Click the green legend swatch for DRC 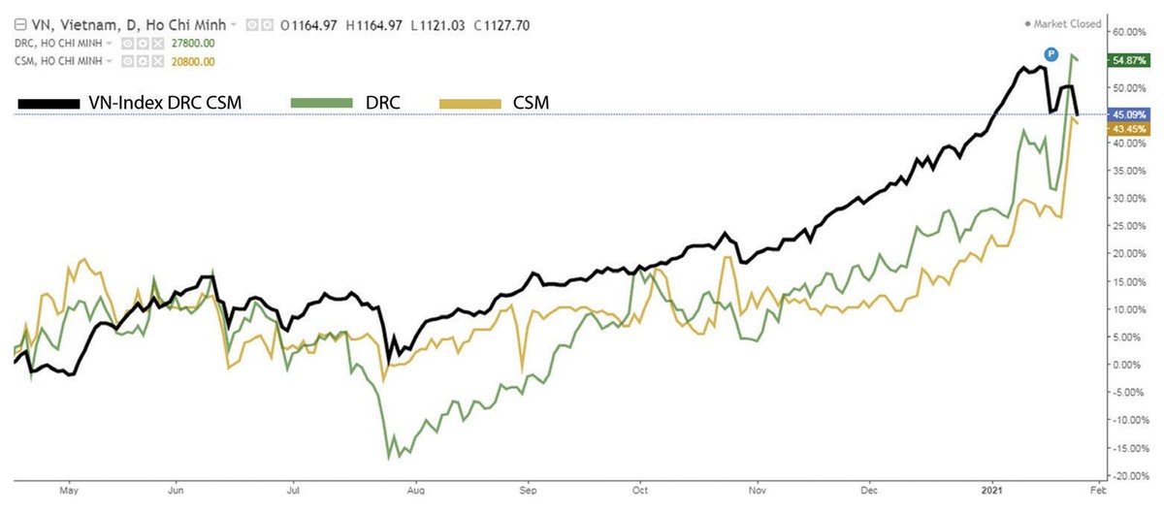click(x=324, y=101)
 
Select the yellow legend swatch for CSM click(x=470, y=101)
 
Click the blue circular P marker click(x=1050, y=53)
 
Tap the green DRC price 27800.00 click(x=193, y=44)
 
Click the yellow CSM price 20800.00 click(x=193, y=61)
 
